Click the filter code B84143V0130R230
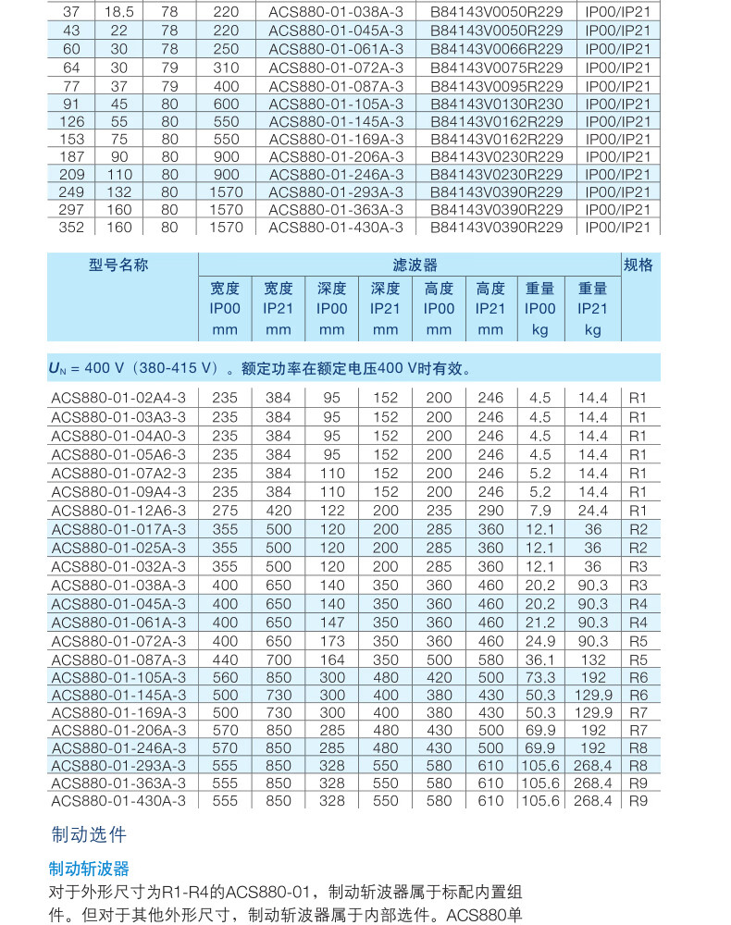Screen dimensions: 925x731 (x=496, y=104)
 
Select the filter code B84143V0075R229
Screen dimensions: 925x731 (x=496, y=68)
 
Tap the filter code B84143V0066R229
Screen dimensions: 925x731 (x=496, y=49)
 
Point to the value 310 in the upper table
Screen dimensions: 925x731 (x=225, y=68)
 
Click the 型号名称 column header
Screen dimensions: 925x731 (x=118, y=265)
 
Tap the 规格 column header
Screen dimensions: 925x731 (x=638, y=265)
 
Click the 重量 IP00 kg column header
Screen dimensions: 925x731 (x=540, y=309)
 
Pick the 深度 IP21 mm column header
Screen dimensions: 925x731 (x=385, y=309)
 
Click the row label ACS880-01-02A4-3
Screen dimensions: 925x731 (x=118, y=398)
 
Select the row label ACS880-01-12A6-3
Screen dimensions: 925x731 (x=118, y=510)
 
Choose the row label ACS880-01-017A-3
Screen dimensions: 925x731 (x=118, y=528)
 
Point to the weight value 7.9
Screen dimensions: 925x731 (x=540, y=510)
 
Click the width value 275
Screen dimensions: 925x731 (x=225, y=510)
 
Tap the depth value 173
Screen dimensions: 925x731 (x=331, y=640)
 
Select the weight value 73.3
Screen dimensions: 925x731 (x=540, y=677)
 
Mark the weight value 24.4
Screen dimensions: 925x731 (x=592, y=510)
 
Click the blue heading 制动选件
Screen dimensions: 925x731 (x=88, y=834)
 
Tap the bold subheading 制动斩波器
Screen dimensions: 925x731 (x=89, y=869)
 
